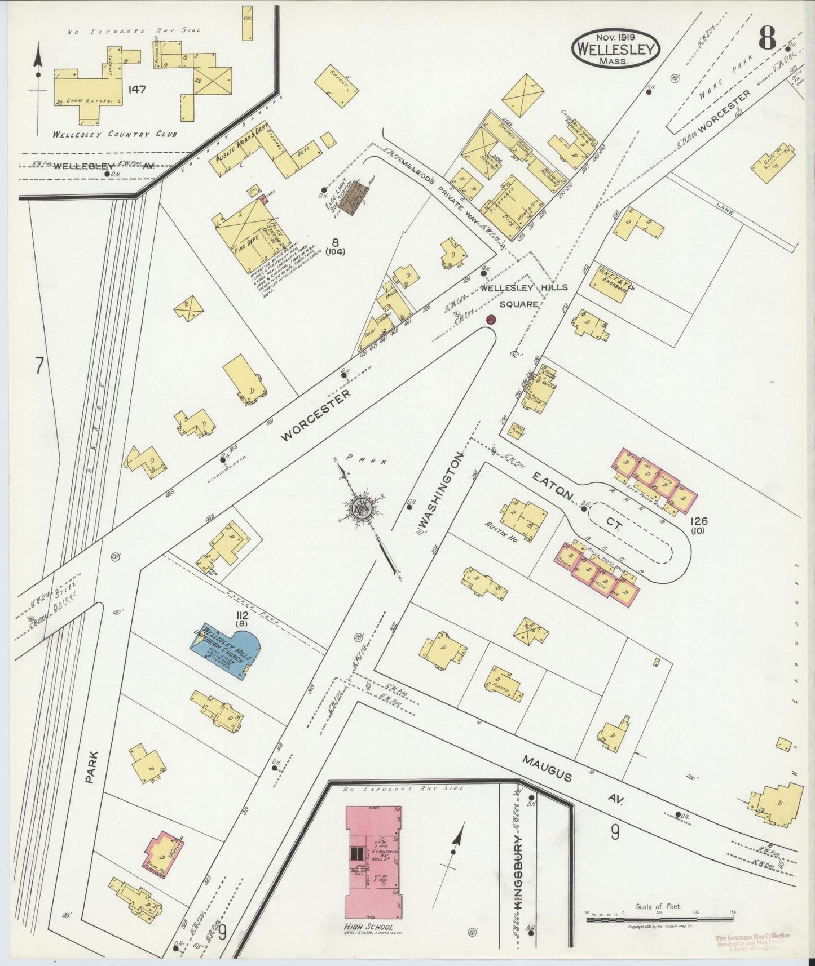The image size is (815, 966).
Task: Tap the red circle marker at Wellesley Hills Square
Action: tap(491, 320)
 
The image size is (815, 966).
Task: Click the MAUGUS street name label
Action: tap(547, 769)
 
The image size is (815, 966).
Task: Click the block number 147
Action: tap(138, 89)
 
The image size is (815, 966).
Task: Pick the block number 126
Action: tap(697, 521)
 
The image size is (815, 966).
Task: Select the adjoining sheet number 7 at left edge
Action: tap(39, 366)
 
